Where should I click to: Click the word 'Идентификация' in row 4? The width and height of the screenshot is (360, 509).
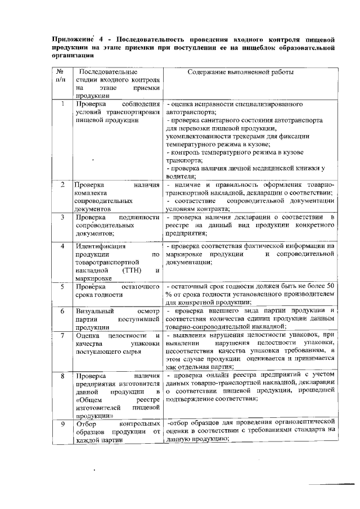coord(101,246)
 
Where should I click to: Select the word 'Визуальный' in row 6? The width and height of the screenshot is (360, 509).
coord(96,310)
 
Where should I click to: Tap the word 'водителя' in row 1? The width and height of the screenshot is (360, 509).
coord(180,176)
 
